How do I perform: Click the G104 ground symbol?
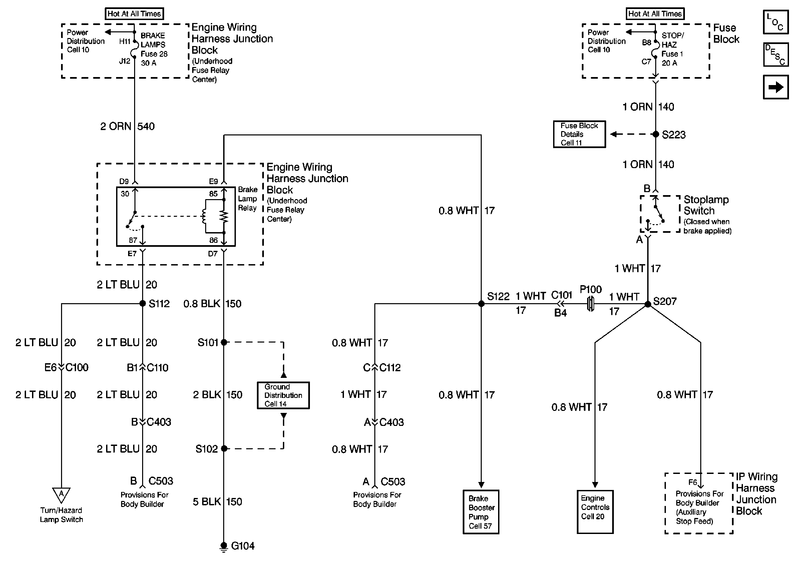pos(224,547)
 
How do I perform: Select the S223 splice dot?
pos(656,134)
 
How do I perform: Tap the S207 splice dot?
pos(648,304)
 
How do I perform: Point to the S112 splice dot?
pos(142,304)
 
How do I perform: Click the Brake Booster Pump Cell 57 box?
pos(481,512)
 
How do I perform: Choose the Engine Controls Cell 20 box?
pos(595,512)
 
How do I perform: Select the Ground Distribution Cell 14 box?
pos(283,395)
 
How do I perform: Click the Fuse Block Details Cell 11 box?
pos(579,134)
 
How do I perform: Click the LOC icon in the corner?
pos(776,22)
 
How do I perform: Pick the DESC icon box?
pos(776,55)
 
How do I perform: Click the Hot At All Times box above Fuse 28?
pos(134,14)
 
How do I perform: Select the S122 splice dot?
pos(481,304)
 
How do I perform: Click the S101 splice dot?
pos(224,342)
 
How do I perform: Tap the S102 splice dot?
pos(224,449)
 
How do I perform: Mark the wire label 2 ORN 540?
pos(127,126)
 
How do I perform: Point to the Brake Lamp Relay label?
pos(247,199)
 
